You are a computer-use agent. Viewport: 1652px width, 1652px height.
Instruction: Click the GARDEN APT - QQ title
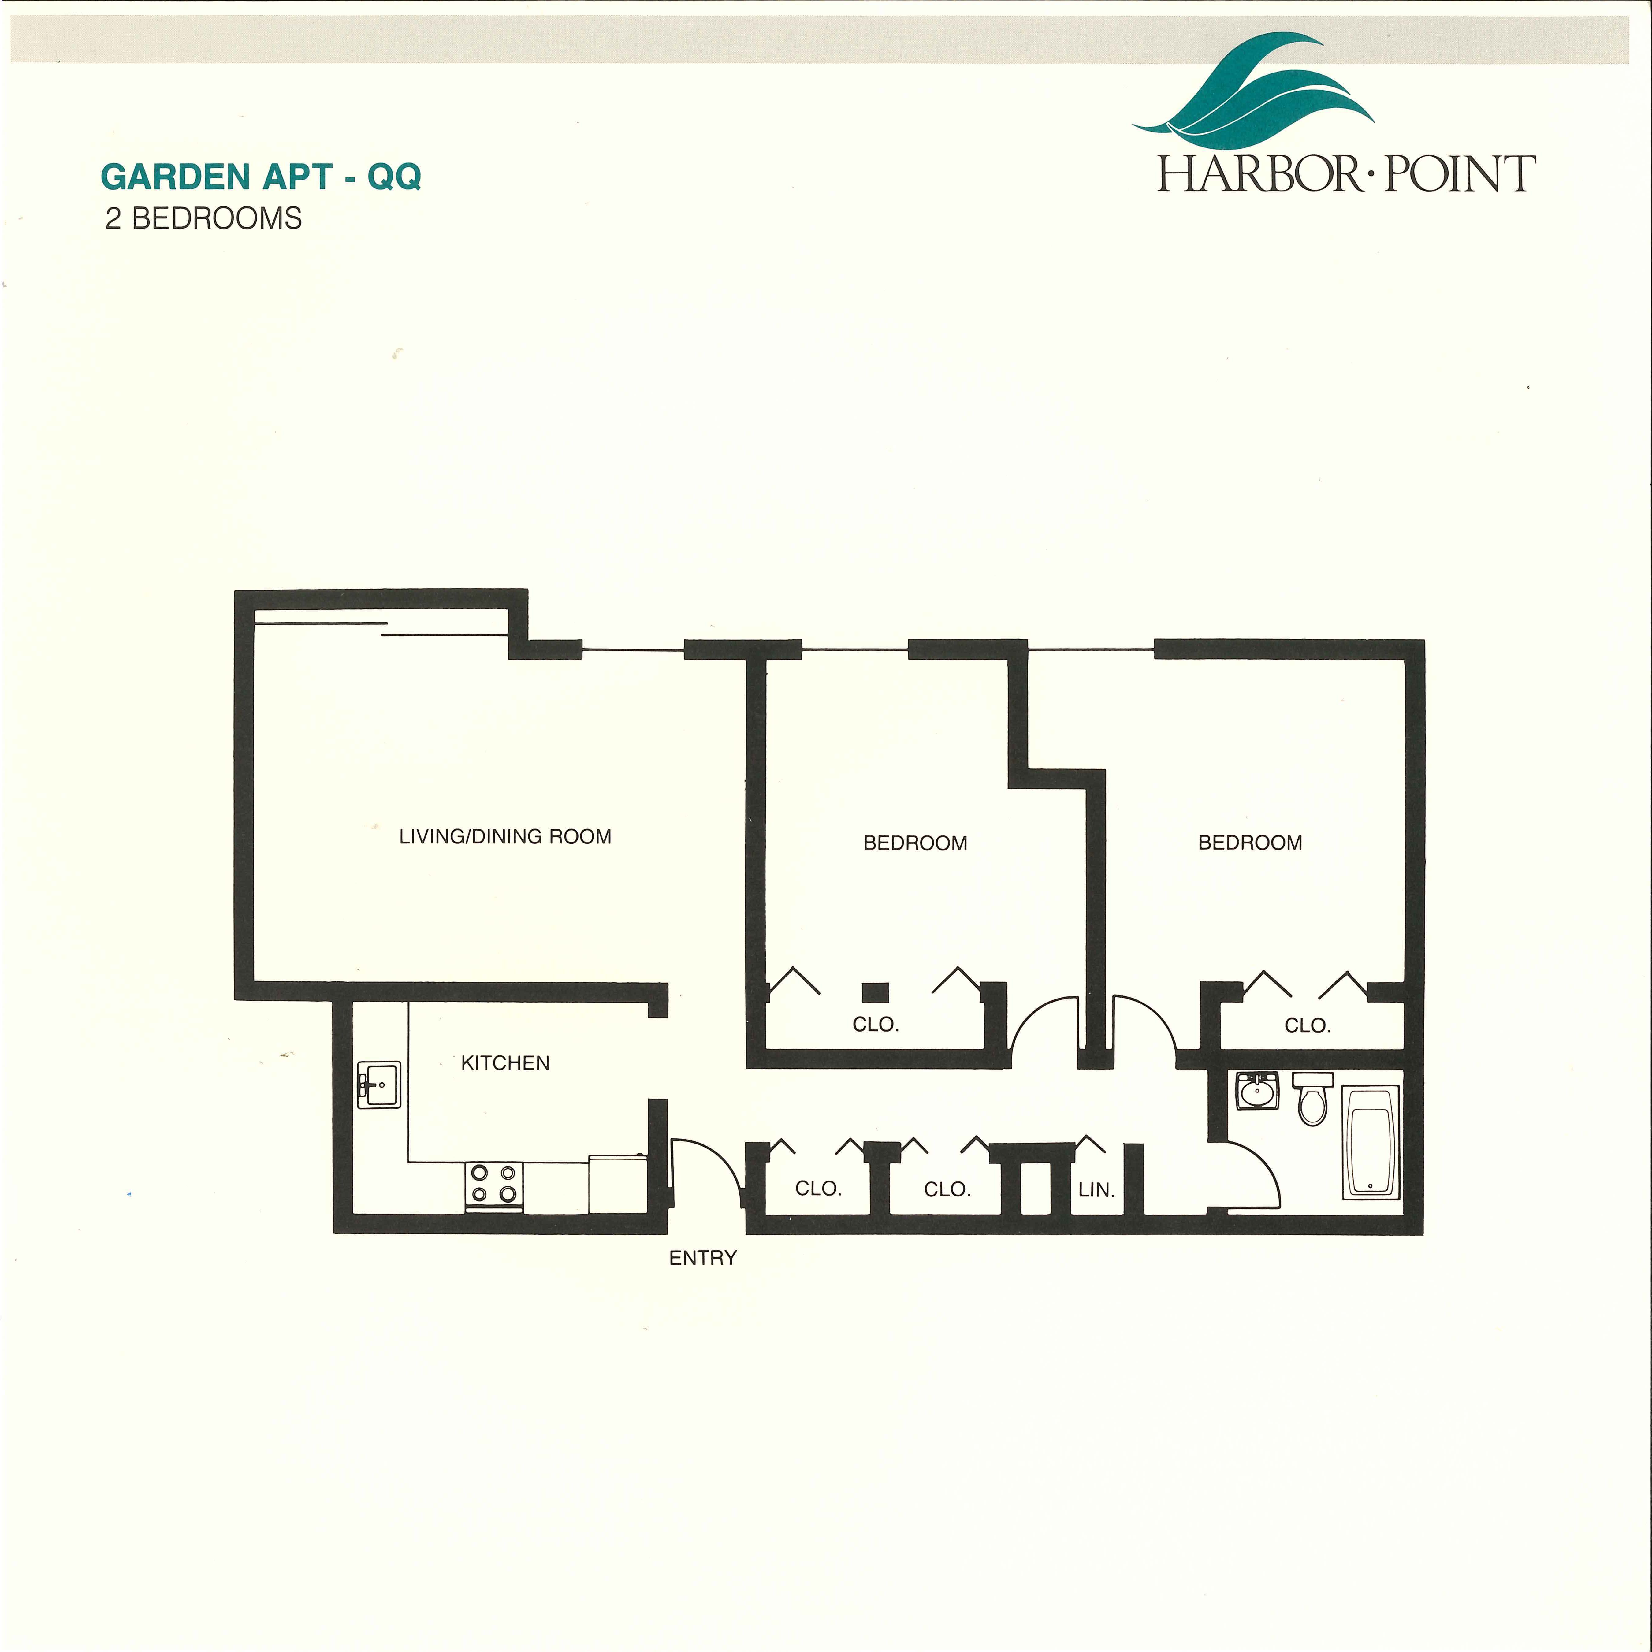point(261,177)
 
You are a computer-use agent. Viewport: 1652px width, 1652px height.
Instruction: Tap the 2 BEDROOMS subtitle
point(203,219)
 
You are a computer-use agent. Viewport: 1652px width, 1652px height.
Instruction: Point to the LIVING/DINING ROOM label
point(505,836)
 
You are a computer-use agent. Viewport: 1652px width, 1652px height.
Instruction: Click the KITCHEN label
point(505,1063)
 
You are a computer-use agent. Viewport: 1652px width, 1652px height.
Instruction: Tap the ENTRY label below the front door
point(703,1258)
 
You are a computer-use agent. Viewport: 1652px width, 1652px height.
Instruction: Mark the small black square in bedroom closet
point(875,992)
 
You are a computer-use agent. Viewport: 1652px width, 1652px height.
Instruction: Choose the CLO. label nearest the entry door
point(818,1189)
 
